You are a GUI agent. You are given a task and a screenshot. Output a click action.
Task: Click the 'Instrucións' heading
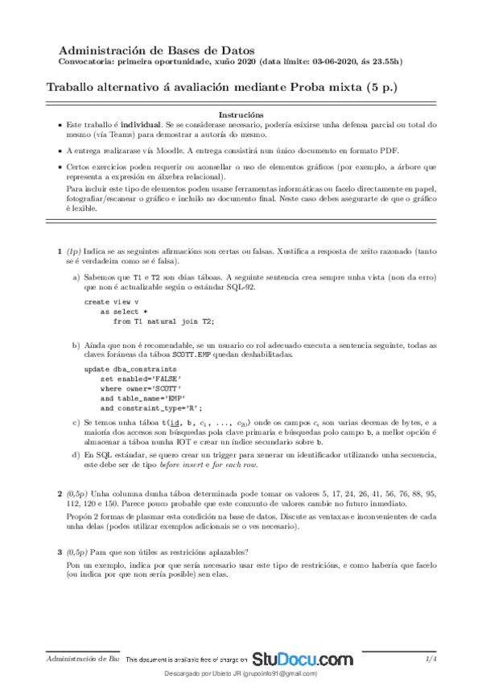pyautogui.click(x=241, y=114)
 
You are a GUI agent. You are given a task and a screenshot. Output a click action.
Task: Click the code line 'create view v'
pyautogui.click(x=111, y=302)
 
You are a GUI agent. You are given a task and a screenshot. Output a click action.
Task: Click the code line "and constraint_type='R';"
pyautogui.click(x=151, y=408)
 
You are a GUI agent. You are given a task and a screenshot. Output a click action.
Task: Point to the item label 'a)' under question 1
pyautogui.click(x=76, y=276)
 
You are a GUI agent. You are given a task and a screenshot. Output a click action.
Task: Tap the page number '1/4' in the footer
pyautogui.click(x=431, y=659)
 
